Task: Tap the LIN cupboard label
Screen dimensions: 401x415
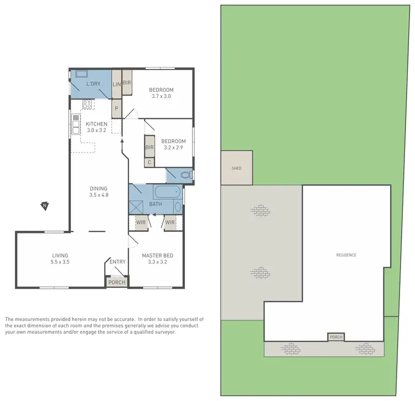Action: (x=117, y=84)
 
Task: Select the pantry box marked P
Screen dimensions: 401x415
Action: (x=117, y=108)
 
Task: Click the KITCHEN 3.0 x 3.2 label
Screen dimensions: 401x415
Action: (x=96, y=127)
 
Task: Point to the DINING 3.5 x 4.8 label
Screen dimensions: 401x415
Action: (x=98, y=191)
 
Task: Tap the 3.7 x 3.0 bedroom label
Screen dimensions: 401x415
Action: (x=162, y=93)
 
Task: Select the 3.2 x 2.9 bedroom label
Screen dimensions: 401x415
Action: (x=173, y=144)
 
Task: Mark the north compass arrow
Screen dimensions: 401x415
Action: (x=44, y=206)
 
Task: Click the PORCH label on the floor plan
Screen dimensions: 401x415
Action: (x=117, y=282)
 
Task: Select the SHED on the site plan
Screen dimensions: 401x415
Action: (x=236, y=168)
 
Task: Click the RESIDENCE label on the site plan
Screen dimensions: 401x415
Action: (x=346, y=255)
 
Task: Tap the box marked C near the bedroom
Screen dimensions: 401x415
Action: (x=149, y=163)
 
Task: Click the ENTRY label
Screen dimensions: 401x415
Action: (x=117, y=262)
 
